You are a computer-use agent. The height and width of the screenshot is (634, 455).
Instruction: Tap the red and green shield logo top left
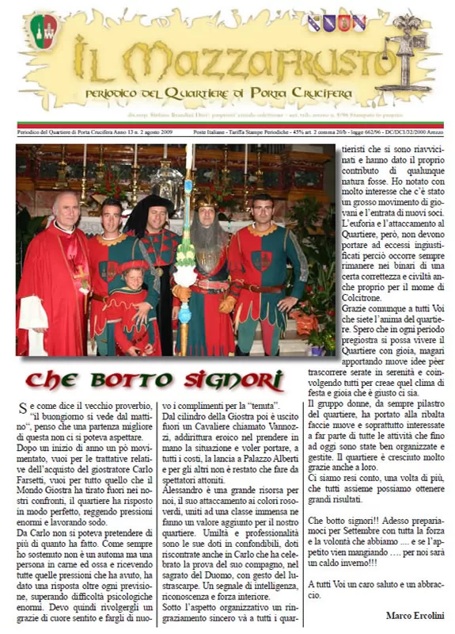click(44, 32)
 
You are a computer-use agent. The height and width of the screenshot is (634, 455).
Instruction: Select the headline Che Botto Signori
click(154, 380)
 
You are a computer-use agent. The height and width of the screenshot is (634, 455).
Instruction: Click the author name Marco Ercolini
click(414, 615)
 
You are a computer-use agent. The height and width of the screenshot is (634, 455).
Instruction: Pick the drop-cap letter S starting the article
click(23, 409)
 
